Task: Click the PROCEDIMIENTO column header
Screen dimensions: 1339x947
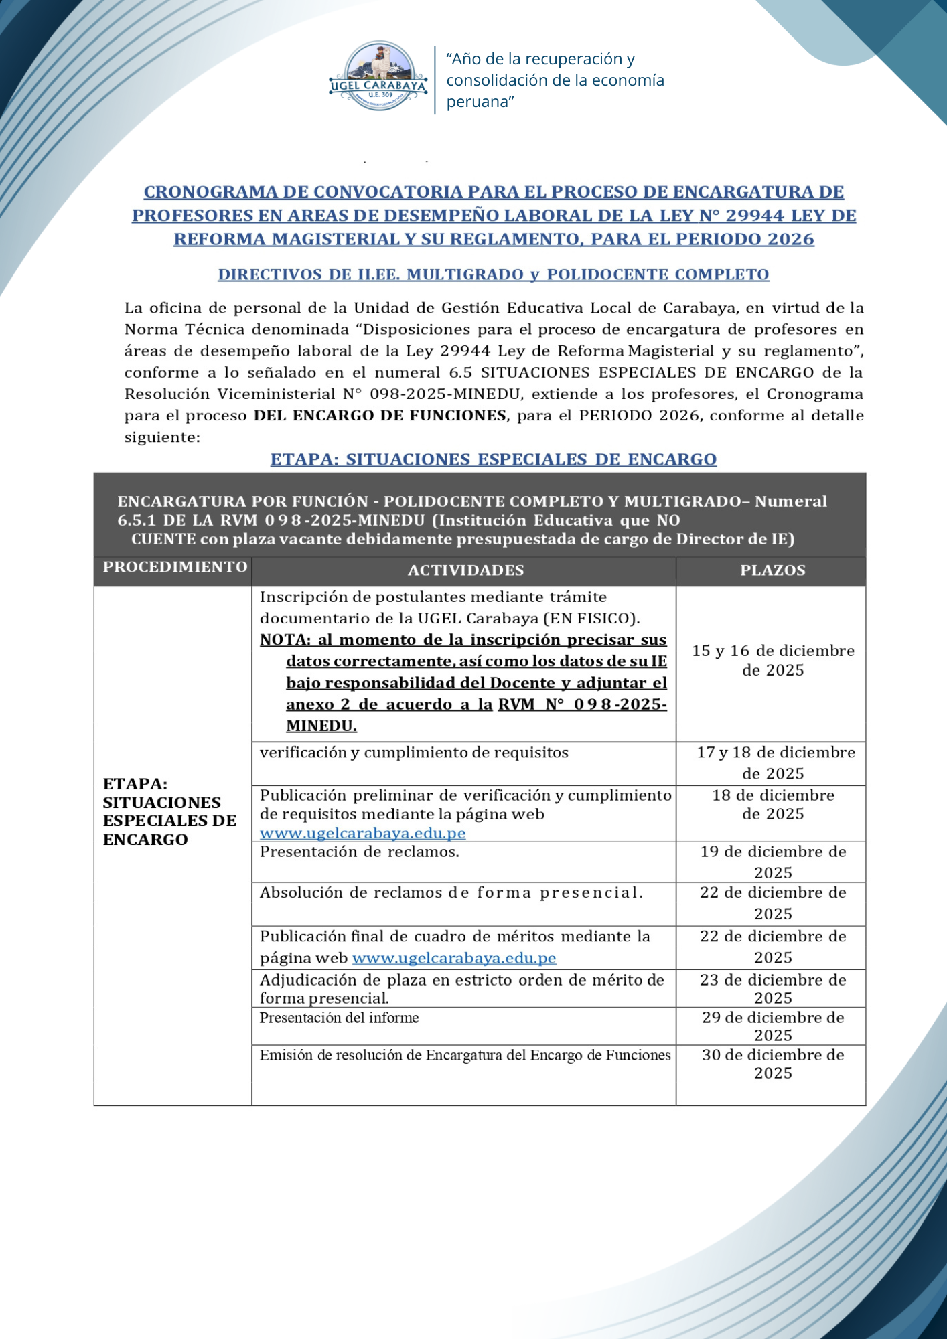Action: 175,567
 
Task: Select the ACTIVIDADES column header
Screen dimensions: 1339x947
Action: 465,570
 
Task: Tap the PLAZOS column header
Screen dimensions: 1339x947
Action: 772,570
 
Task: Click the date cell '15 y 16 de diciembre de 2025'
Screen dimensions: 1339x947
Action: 773,660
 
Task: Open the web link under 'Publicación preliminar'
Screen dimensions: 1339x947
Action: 362,834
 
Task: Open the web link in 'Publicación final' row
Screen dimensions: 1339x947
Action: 454,958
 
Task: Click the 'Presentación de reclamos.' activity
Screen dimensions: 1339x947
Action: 360,852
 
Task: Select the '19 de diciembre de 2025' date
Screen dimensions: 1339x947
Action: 773,862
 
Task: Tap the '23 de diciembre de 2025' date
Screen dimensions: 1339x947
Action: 773,989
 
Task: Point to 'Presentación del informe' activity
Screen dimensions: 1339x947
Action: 340,1018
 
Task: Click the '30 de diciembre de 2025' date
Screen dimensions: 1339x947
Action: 773,1064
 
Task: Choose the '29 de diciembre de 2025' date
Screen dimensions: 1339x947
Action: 773,1026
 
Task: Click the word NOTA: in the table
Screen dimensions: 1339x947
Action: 285,640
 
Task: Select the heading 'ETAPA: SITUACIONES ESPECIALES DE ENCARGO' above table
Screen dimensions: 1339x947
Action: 494,459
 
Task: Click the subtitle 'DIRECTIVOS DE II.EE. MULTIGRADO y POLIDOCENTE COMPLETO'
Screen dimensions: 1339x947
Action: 494,274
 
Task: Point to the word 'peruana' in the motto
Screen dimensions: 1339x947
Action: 480,102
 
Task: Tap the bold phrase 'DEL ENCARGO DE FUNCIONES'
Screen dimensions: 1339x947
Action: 380,416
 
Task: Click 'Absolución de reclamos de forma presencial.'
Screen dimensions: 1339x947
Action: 451,893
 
